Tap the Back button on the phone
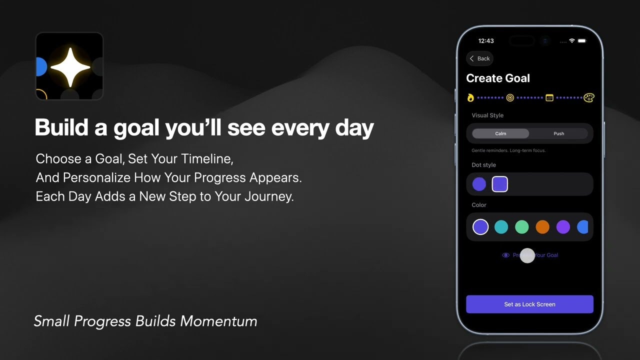[x=480, y=58]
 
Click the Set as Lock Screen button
[x=529, y=304]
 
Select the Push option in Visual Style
[x=558, y=133]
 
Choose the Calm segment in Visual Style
[x=500, y=133]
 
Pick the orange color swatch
[x=542, y=227]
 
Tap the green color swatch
[x=521, y=227]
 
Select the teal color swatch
[x=501, y=227]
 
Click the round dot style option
[x=479, y=184]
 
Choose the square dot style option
[x=500, y=184]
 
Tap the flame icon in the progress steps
[x=470, y=97]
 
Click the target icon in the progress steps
[x=510, y=97]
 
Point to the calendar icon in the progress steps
[x=549, y=97]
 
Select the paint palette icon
[x=589, y=97]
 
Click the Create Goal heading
[x=498, y=78]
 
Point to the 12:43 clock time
[x=486, y=41]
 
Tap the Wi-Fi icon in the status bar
[x=572, y=40]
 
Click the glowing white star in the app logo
[x=70, y=67]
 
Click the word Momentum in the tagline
[x=218, y=321]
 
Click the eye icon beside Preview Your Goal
[x=505, y=255]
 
